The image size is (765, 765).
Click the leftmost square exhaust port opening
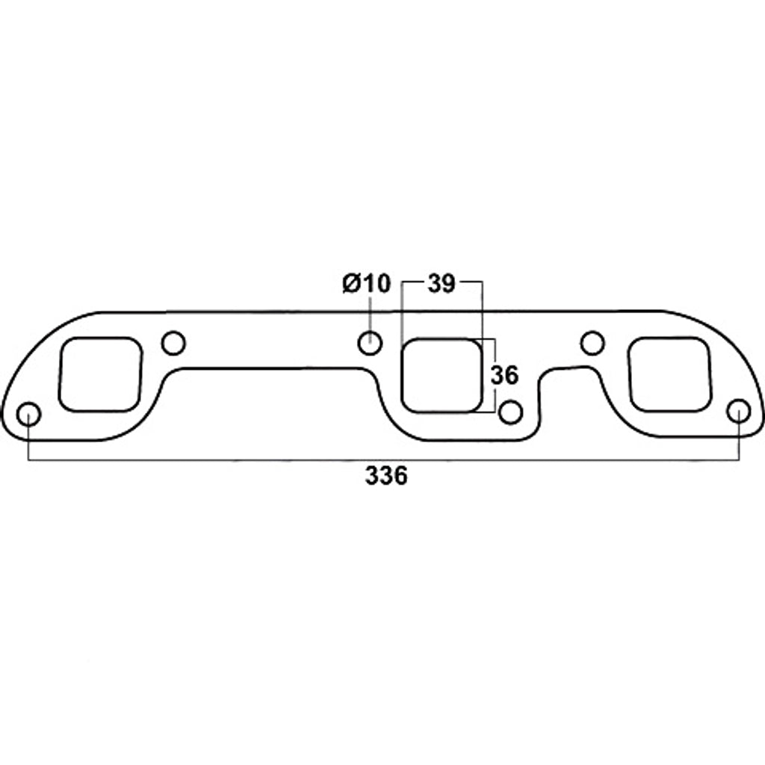[x=101, y=374]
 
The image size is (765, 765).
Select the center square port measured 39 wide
[x=442, y=376]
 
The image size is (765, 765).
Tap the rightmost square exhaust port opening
[x=669, y=374]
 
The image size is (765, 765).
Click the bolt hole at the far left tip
[x=28, y=414]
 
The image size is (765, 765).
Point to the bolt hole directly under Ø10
[x=369, y=343]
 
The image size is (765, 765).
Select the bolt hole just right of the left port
[x=173, y=343]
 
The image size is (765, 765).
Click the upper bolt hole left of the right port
[x=592, y=343]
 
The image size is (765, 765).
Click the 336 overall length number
[x=386, y=476]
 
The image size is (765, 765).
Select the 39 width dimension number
[x=442, y=284]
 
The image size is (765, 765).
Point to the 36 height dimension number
[x=504, y=376]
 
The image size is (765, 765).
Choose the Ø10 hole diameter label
[x=367, y=284]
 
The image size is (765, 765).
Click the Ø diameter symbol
[x=351, y=284]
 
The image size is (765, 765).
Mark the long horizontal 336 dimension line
[x=224, y=459]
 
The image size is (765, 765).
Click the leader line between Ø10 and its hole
[x=369, y=314]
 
